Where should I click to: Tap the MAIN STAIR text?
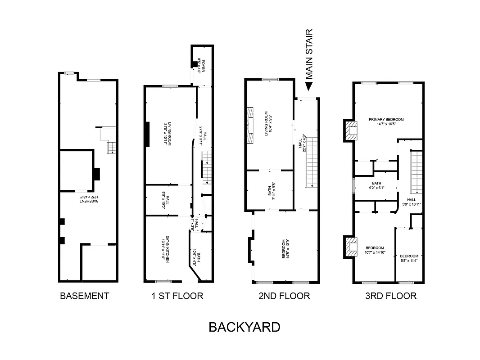pos(308,53)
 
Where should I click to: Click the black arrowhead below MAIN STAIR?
pos(309,86)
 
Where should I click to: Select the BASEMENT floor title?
pos(85,296)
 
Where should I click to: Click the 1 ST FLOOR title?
pos(177,296)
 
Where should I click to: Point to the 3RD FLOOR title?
pos(390,296)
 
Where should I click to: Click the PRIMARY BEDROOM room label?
pos(386,121)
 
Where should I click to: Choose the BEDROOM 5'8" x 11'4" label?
pos(409,258)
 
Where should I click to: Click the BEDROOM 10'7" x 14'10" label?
pos(375,250)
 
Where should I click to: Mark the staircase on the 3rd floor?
pos(416,171)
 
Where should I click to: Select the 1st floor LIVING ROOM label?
pos(169,133)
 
